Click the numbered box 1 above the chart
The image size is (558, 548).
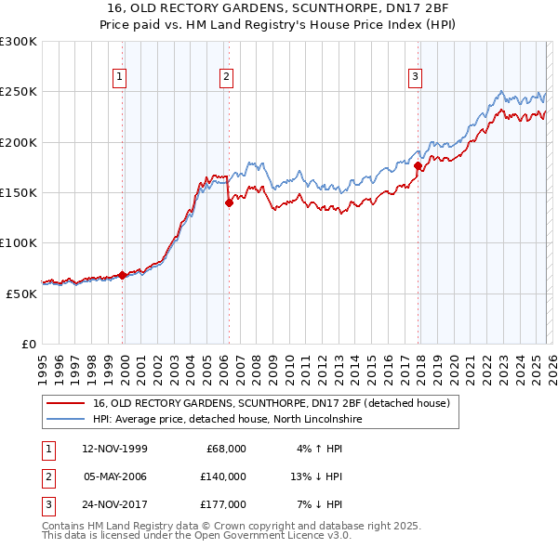tap(120, 77)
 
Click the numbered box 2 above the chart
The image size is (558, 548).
tap(226, 77)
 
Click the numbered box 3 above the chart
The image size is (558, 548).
tap(415, 77)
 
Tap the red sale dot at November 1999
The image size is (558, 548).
tap(123, 275)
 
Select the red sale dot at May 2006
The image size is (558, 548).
tap(229, 202)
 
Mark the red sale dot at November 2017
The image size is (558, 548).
tap(418, 165)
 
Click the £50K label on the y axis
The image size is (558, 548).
tap(21, 294)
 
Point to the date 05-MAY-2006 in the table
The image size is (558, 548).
tap(115, 476)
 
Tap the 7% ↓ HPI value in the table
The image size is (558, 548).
tap(319, 505)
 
